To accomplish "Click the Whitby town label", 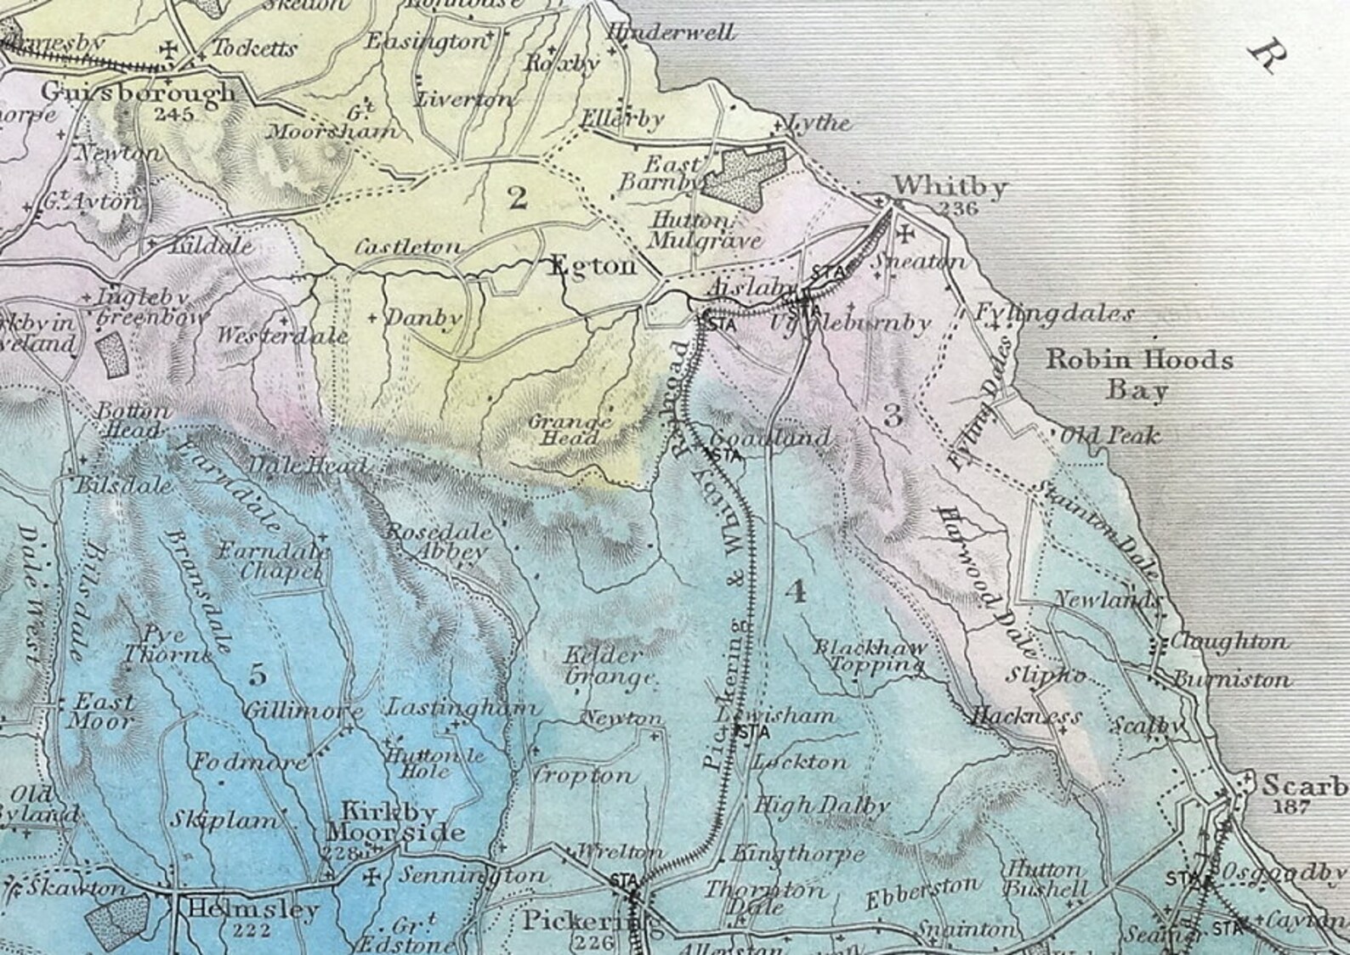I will [x=950, y=185].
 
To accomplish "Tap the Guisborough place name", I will [x=138, y=91].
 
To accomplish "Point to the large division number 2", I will [x=516, y=198].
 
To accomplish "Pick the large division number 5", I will [x=258, y=675].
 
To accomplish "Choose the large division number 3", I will [x=893, y=415].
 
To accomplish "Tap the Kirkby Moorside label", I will [x=403, y=821].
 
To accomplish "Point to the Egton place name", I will [x=593, y=266].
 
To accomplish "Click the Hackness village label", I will [x=1027, y=716].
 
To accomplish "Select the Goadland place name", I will [x=769, y=438].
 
